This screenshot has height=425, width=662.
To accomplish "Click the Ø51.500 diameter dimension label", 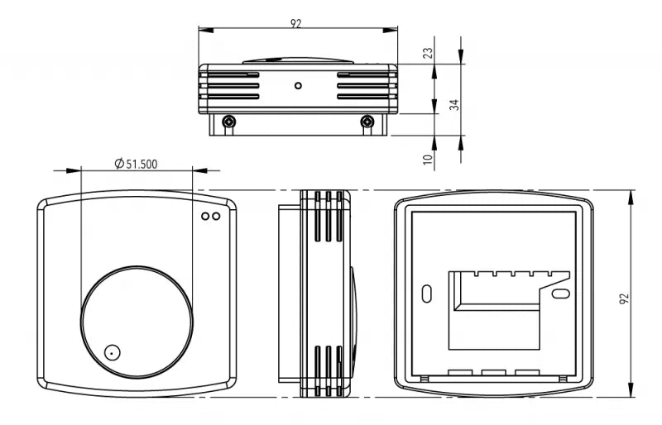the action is (136, 164).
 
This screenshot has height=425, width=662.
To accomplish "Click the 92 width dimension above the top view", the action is (296, 24).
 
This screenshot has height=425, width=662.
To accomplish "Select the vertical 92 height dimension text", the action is (624, 298).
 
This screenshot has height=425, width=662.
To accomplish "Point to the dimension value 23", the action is (428, 53).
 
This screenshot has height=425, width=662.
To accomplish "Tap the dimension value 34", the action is (453, 105).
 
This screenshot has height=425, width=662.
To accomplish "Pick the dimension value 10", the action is (428, 159).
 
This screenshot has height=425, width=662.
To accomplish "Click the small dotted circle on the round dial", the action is (112, 352).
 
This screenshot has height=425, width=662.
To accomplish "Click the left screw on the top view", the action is (229, 122).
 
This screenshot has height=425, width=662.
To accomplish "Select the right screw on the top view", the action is (367, 122).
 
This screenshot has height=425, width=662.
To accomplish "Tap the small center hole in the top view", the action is (298, 86).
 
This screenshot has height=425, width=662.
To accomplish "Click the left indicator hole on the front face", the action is (205, 216).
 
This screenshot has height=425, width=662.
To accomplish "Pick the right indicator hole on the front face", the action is (216, 216).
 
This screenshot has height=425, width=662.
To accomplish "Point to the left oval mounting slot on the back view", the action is (427, 294).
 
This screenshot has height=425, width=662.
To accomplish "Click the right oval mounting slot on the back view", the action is (561, 294).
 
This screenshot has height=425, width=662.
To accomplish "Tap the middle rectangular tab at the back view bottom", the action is (493, 373).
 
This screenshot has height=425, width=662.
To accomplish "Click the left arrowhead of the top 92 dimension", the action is (206, 30).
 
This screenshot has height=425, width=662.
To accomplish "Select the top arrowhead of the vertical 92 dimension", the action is (631, 197).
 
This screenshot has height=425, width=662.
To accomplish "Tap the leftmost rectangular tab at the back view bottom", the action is (460, 373).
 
